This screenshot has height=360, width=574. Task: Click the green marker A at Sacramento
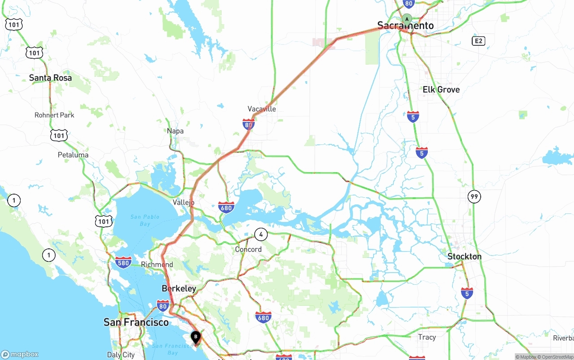pos(407,19)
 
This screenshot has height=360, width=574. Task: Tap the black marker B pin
pos(196,337)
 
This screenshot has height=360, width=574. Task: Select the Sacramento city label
pos(405,26)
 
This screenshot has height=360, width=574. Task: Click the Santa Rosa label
pos(50,78)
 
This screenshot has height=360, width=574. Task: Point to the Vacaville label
pos(262,109)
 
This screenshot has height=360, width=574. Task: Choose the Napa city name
pos(175,131)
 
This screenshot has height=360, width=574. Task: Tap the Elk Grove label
pos(441,90)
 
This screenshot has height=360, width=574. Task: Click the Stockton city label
pos(465,256)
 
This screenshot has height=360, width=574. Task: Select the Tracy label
pos(427,337)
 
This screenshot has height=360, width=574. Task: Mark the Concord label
pos(248,249)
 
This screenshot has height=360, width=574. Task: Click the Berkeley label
pos(179,288)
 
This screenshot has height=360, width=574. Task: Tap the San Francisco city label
pos(136,322)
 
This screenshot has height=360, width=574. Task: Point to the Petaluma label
pos(73,155)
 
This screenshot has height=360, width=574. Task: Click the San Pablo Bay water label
pos(145,220)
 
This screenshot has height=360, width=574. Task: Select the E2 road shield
pos(478,41)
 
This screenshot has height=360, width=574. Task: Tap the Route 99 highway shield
pos(474,196)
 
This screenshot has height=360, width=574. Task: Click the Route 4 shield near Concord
pos(261,234)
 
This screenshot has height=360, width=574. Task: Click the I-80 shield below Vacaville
pos(248,124)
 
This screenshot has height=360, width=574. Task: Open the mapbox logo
pos(20,354)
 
